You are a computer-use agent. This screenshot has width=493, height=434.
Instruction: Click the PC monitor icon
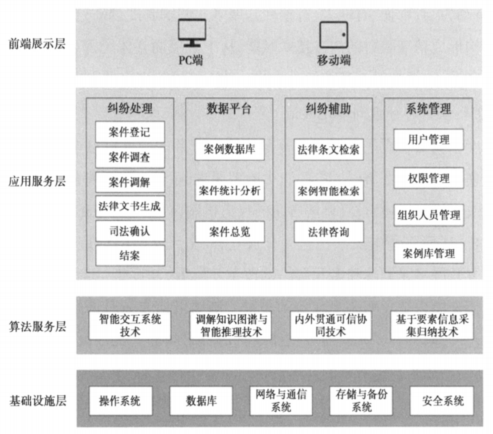click(x=192, y=32)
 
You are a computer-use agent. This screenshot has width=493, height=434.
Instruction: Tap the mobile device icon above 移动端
click(x=334, y=34)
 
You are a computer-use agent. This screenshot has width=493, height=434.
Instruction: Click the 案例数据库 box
click(x=230, y=150)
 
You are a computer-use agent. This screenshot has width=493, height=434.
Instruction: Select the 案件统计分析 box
click(x=230, y=191)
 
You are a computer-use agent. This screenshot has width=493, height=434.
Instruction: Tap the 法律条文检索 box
click(x=329, y=150)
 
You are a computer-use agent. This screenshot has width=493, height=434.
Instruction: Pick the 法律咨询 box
click(x=329, y=232)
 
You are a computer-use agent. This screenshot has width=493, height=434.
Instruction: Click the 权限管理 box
click(x=428, y=178)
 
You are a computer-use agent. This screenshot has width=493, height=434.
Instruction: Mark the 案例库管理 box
click(x=428, y=253)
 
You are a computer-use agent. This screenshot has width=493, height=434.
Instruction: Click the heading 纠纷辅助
click(x=329, y=109)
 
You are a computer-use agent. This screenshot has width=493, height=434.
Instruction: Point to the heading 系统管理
click(x=428, y=109)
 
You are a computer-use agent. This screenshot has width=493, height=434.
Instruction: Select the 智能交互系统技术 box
click(x=130, y=325)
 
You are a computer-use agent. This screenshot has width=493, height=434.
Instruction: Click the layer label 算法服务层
click(x=37, y=326)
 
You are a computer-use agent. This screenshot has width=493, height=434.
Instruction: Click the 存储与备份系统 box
click(x=362, y=401)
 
